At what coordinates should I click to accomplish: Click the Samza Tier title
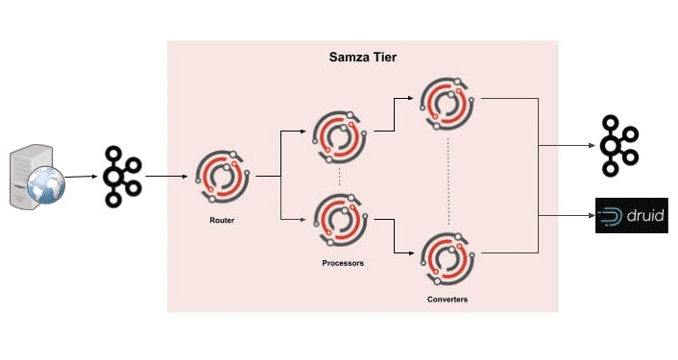tap(363, 59)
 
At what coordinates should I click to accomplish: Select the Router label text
tap(221, 220)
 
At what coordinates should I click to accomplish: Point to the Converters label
tap(448, 300)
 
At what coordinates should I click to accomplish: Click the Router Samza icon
tap(222, 179)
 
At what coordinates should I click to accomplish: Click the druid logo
tap(630, 216)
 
